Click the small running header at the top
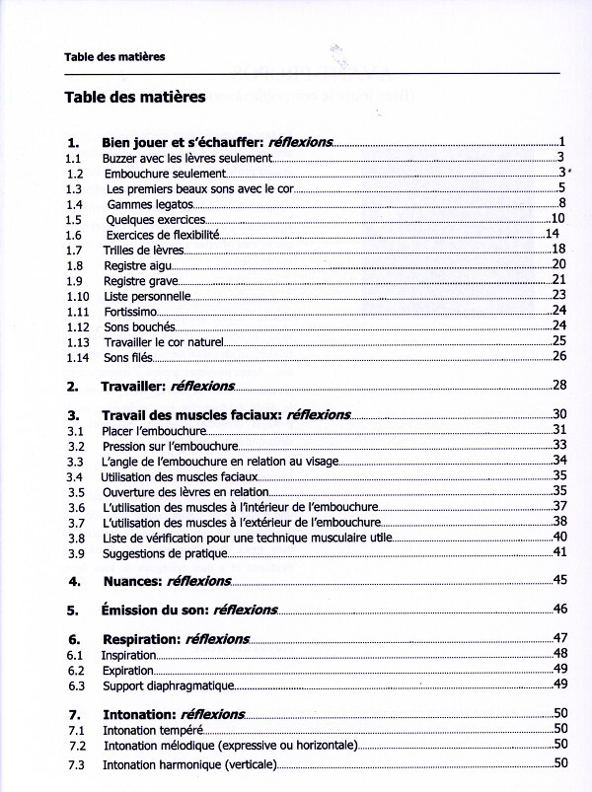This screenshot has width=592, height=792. click(x=114, y=57)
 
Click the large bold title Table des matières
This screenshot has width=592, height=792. click(x=135, y=98)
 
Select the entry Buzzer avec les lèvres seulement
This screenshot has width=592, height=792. click(x=185, y=157)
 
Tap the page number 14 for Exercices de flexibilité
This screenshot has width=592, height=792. click(x=553, y=234)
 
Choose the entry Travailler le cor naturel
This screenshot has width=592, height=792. click(x=164, y=341)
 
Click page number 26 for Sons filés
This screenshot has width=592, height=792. click(x=558, y=356)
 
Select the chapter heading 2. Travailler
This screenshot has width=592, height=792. click(x=168, y=386)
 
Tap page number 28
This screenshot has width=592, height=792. click(x=558, y=385)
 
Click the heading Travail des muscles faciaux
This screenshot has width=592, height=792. click(x=226, y=415)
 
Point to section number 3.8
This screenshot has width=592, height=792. click(x=75, y=538)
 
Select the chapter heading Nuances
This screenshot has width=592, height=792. click(x=166, y=581)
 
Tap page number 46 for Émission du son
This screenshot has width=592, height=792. click(x=558, y=609)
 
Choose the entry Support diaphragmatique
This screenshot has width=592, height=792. click(x=167, y=684)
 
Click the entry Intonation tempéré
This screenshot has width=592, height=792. click(x=152, y=730)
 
